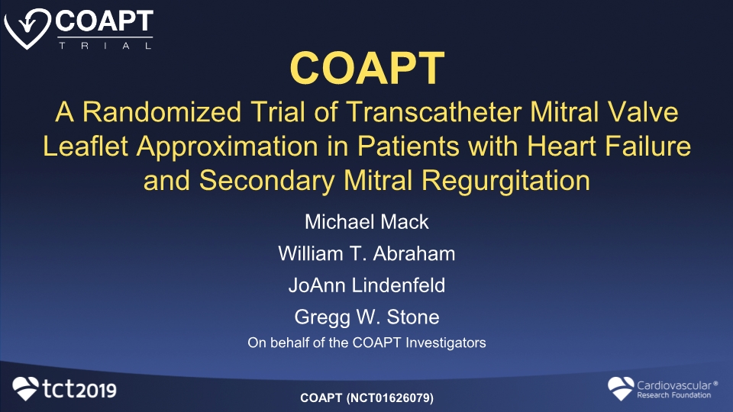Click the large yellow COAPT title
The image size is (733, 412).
coord(367,68)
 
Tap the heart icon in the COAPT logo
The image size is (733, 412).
coord(27,28)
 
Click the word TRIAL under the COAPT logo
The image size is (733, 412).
coord(105,46)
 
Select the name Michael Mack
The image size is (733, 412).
coord(366,222)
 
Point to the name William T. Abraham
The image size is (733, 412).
coord(366,253)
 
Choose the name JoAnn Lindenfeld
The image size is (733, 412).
coord(366,285)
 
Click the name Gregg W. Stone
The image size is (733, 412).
coord(366,317)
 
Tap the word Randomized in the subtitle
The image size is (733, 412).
coord(162,112)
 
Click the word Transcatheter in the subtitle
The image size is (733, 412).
coord(434,112)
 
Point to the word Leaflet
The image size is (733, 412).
coord(86,146)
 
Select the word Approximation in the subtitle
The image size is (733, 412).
coord(228,147)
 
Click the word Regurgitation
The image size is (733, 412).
coord(505,182)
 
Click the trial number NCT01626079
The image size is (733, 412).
coord(390,398)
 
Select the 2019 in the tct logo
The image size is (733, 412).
coord(96,391)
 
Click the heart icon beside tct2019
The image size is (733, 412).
coord(25,388)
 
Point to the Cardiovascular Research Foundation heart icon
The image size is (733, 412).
coord(621,388)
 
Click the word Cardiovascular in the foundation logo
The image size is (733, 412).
coord(674,385)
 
